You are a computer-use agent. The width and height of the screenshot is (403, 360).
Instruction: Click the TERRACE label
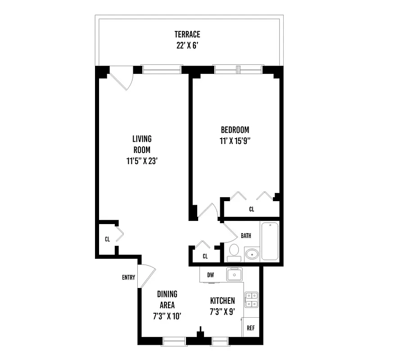[x=187, y=34]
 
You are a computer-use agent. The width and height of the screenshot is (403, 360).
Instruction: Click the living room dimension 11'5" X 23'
[x=141, y=160]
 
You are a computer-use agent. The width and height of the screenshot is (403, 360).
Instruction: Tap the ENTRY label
[x=128, y=277]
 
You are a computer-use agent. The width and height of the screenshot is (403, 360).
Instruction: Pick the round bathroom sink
[x=252, y=254]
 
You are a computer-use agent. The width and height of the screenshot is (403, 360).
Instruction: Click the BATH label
[x=246, y=235]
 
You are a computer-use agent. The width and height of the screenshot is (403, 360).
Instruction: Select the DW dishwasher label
[x=210, y=274]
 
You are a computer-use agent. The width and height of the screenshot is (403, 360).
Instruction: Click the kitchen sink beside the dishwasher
[x=235, y=274]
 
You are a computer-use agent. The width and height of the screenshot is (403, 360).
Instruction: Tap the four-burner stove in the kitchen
[x=251, y=300]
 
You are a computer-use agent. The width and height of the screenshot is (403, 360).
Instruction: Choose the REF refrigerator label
[x=251, y=328]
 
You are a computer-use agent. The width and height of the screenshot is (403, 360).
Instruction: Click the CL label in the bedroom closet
[x=251, y=209]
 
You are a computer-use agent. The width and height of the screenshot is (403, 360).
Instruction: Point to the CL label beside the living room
[x=107, y=239]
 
